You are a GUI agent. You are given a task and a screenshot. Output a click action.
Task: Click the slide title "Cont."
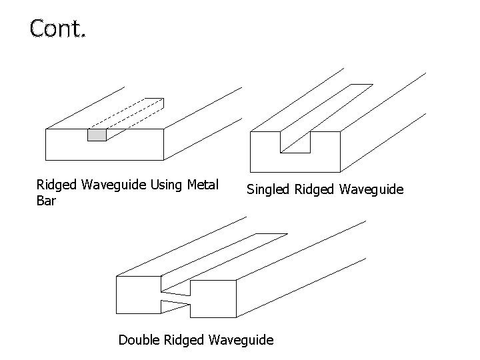[57, 29]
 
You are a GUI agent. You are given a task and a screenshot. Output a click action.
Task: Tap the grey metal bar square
[97, 135]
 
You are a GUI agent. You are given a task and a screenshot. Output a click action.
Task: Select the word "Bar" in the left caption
[47, 200]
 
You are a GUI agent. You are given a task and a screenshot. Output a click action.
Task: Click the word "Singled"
[269, 190]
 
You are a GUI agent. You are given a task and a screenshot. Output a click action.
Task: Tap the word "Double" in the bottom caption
[139, 340]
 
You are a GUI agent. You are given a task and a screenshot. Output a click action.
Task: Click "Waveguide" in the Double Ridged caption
[241, 340]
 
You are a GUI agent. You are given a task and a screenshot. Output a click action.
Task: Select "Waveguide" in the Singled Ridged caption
[371, 190]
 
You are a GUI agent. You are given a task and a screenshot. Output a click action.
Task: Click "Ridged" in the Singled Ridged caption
[315, 190]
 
